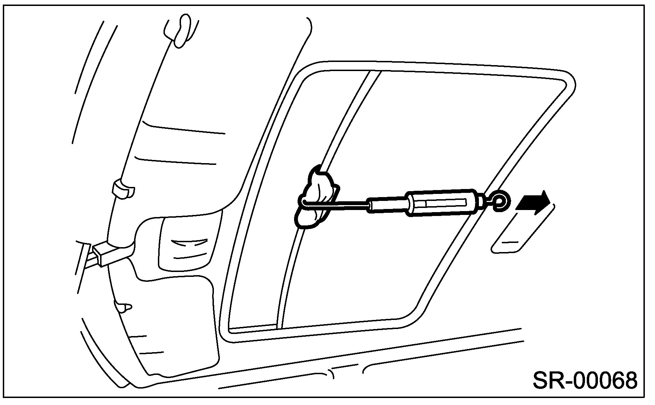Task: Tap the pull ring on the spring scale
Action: click(x=501, y=202)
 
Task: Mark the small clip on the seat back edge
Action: click(x=123, y=189)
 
